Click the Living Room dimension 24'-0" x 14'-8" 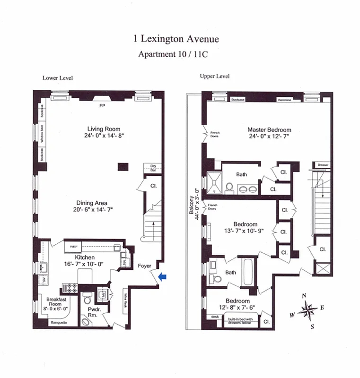pos(104,136)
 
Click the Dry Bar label pos(153,167)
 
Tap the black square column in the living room pos(123,166)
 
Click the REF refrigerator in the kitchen pos(74,246)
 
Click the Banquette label pos(59,323)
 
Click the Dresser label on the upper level pos(323,165)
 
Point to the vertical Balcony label pos(192,206)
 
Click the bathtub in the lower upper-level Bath pos(249,272)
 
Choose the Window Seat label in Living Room pos(42,134)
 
